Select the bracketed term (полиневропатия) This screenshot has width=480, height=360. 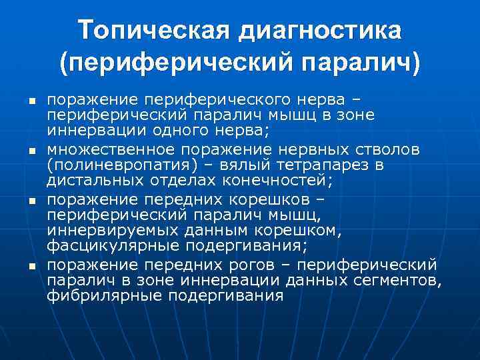coord(118,164)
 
